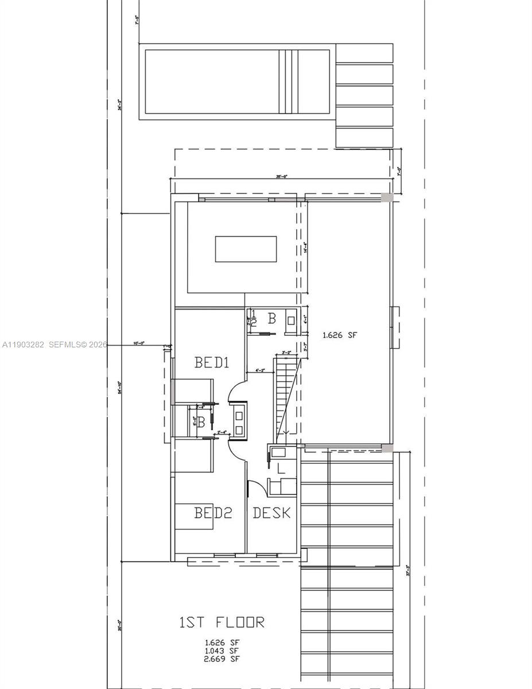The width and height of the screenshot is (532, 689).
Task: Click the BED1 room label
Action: (212, 363)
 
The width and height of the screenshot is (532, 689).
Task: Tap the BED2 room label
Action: (213, 513)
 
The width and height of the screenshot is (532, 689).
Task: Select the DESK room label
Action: (271, 513)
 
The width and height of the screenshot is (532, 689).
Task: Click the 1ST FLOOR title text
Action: (222, 622)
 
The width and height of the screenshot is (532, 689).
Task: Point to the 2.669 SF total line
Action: (222, 659)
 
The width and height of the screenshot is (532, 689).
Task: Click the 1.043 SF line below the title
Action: (222, 651)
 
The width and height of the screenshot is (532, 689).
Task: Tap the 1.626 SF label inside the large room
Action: (340, 335)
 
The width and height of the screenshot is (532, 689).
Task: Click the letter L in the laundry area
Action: (281, 469)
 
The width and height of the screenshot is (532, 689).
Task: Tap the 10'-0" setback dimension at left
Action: (138, 343)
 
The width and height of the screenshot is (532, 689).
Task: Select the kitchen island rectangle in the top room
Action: (246, 249)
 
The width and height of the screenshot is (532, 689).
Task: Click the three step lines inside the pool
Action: (289, 82)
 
